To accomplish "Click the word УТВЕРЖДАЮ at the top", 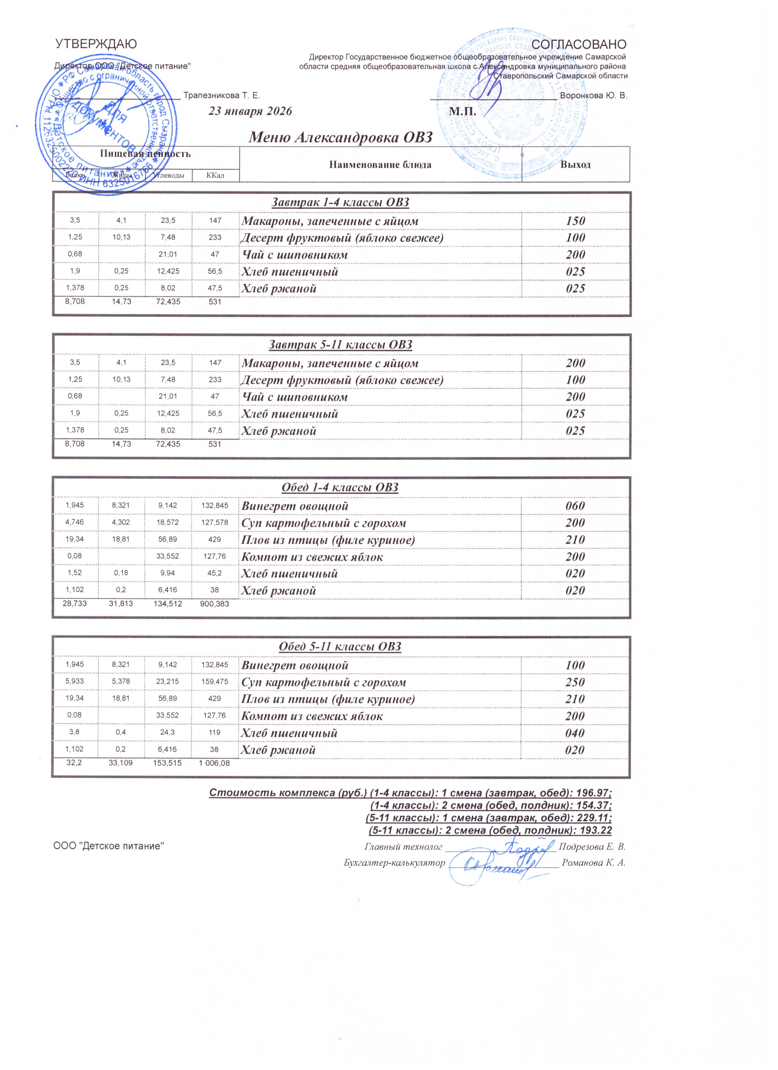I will tap(96, 44).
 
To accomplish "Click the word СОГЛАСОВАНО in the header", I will tap(579, 44).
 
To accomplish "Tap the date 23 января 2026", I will tap(251, 111).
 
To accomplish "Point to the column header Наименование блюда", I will tap(380, 165).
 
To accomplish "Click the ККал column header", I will tap(215, 176).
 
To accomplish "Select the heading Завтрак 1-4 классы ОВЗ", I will tap(340, 202).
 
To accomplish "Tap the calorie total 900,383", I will tap(215, 603).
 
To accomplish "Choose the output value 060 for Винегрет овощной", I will tap(575, 506).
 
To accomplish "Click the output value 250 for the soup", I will tap(575, 682).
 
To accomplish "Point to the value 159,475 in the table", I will tap(215, 682).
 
